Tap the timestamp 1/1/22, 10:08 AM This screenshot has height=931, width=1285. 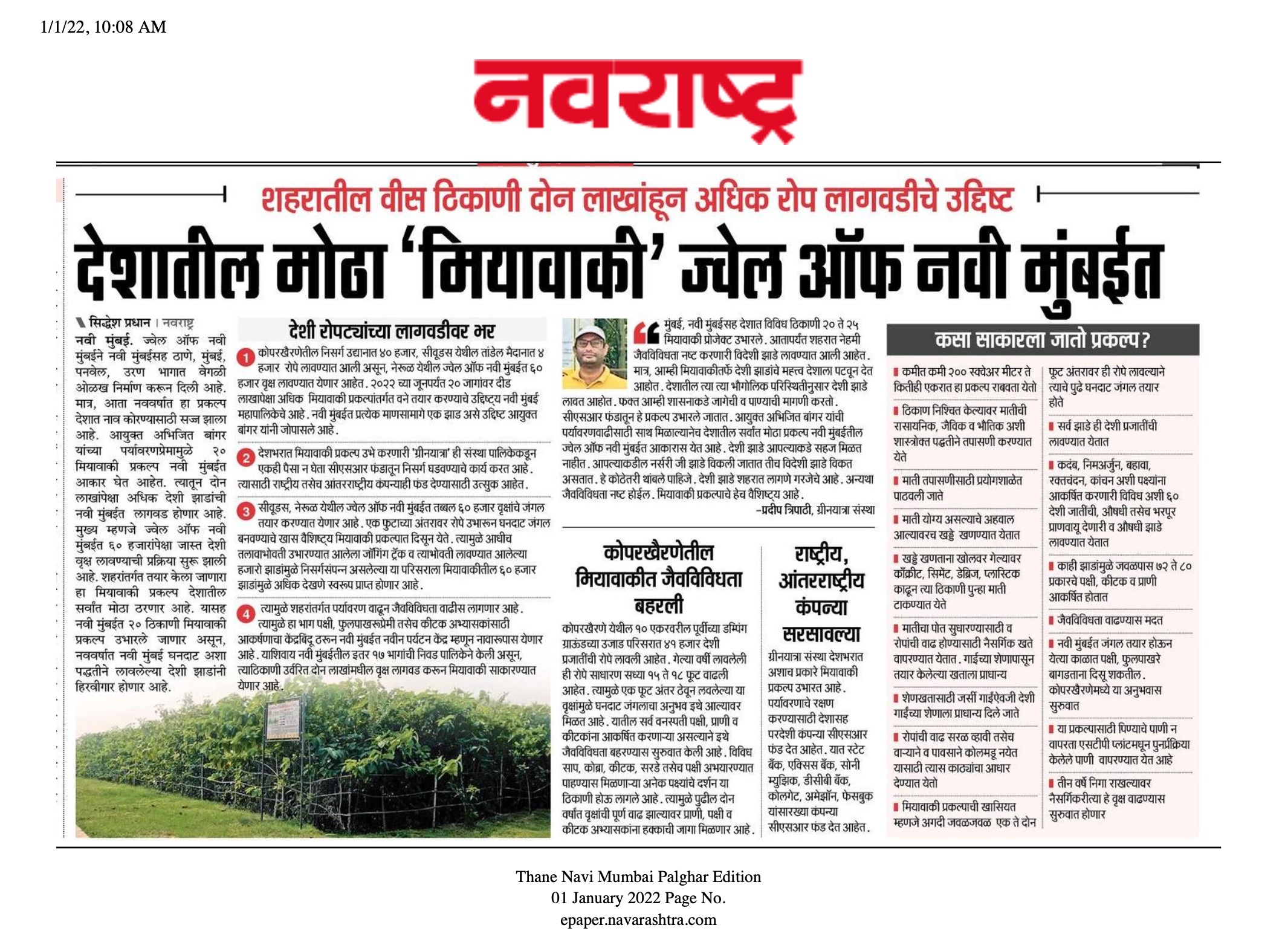103,27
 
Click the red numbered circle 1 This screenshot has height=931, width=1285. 245,358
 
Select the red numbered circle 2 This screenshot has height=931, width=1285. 245,458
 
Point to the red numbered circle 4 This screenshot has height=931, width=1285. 245,614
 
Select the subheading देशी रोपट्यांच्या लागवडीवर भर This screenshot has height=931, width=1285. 392,331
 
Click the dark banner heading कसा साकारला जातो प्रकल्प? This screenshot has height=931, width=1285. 1042,340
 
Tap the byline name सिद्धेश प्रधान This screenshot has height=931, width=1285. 119,322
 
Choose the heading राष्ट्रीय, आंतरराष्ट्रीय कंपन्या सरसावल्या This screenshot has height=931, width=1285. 821,593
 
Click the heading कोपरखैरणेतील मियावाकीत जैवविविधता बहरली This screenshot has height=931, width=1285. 659,579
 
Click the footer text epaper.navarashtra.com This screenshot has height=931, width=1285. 638,920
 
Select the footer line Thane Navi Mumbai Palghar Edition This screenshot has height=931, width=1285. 638,877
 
